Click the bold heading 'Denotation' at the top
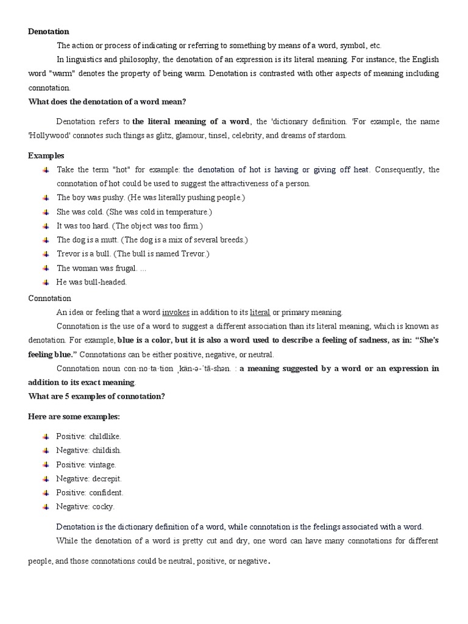(x=49, y=31)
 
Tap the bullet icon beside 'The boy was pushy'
(x=46, y=198)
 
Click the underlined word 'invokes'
(x=175, y=312)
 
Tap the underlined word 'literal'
(x=260, y=312)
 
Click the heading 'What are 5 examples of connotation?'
(x=97, y=397)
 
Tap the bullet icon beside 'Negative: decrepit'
(x=46, y=478)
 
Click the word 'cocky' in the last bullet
(x=103, y=506)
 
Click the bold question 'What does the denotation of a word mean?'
(x=107, y=101)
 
